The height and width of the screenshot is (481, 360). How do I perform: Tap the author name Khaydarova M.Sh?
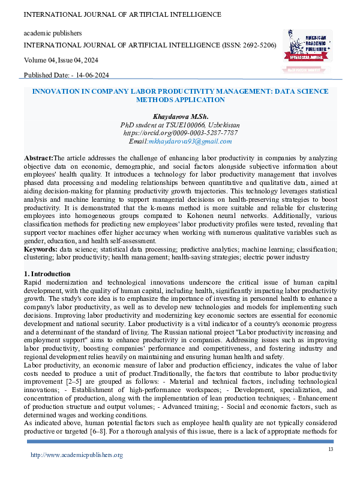tap(180, 115)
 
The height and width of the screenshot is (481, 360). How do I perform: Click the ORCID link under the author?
tap(180, 132)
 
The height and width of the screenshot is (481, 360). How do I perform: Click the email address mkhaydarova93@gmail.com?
tap(190, 141)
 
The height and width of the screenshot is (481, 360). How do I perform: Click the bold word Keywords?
tap(40, 248)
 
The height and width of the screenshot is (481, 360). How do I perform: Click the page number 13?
tap(331, 450)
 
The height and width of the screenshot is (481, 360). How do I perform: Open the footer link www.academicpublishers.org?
tap(77, 455)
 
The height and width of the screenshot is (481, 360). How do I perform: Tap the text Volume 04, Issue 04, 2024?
tap(62, 59)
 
